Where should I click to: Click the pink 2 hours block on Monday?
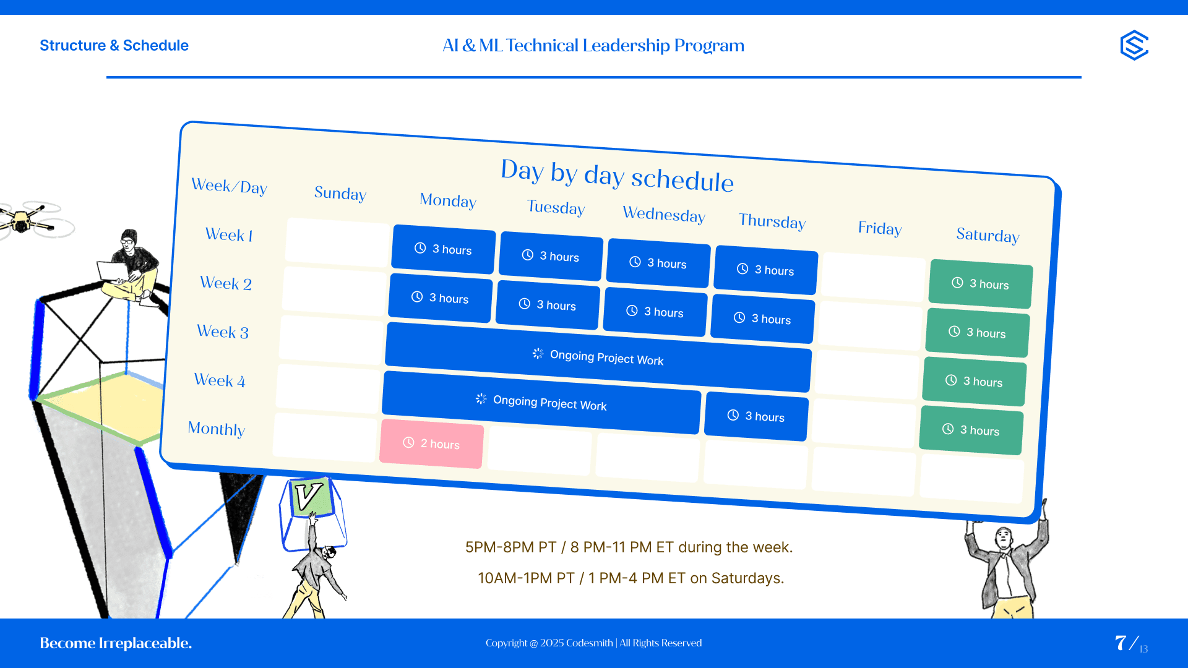click(431, 443)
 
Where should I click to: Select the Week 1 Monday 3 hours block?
click(444, 249)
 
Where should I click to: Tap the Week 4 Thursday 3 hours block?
click(756, 416)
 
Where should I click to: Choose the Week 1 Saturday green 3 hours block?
click(981, 284)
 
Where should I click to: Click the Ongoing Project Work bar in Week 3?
click(598, 357)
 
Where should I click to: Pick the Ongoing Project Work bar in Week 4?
click(541, 402)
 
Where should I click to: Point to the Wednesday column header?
click(664, 214)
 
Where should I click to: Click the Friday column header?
click(880, 228)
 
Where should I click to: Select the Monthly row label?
click(217, 429)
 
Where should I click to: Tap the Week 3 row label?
click(223, 332)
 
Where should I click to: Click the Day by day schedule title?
click(618, 175)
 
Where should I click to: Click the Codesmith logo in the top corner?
click(1134, 45)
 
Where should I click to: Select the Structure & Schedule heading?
click(114, 45)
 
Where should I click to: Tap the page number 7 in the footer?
click(1121, 643)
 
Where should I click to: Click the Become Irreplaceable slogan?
click(116, 643)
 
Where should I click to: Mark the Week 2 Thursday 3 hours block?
click(762, 319)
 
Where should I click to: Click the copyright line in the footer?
click(594, 643)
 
